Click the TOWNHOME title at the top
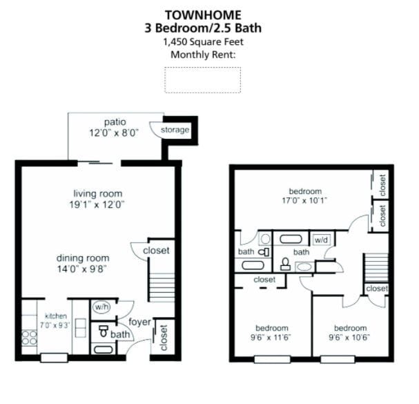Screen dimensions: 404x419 [203, 14]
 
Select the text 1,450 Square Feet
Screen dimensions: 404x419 [203, 42]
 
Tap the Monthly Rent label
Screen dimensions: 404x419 [203, 55]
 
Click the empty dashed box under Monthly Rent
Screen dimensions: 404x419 [202, 79]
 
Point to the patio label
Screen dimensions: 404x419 [114, 122]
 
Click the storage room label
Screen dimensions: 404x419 [175, 130]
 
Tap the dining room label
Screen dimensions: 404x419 [82, 258]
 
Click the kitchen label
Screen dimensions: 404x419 [57, 315]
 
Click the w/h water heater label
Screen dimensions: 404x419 [101, 307]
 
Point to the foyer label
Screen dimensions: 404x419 [140, 321]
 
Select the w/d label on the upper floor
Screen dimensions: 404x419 [320, 240]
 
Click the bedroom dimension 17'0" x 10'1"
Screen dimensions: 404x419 [304, 202]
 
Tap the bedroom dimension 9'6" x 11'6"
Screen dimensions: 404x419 [271, 339]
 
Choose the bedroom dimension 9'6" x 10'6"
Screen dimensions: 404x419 [350, 339]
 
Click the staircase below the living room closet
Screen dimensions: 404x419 [162, 286]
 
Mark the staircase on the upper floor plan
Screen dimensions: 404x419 [376, 267]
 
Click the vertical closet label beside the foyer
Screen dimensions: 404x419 [164, 338]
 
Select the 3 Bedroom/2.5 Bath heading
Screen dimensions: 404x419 [203, 28]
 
